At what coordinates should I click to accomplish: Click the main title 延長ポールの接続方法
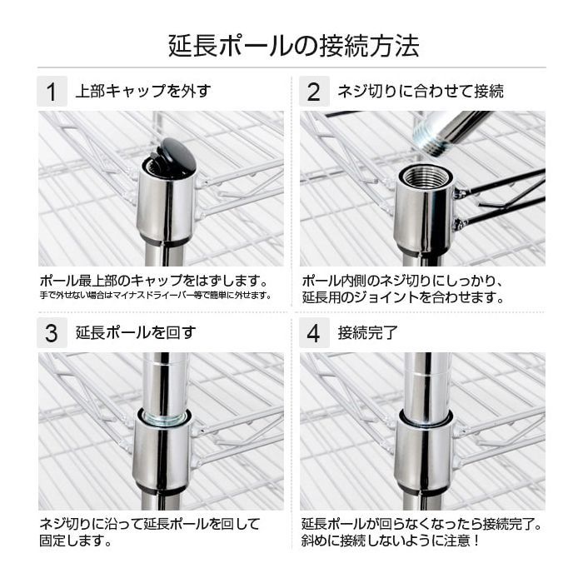(x=291, y=44)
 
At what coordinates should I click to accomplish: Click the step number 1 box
(x=52, y=91)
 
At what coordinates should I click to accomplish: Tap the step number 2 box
(x=313, y=91)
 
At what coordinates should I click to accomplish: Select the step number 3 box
(x=52, y=333)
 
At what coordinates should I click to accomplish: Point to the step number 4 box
(x=313, y=333)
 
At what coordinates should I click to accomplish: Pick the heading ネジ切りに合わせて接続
(x=421, y=91)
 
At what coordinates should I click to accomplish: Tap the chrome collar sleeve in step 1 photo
(x=166, y=206)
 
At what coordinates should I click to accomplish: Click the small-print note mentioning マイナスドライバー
(x=156, y=295)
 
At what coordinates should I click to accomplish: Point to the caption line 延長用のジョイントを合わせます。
(x=403, y=296)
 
